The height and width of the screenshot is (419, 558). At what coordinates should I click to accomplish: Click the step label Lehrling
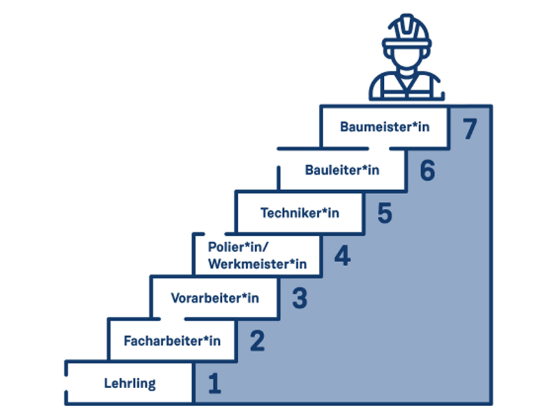(129, 384)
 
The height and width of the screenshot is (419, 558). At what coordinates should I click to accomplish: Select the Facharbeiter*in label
(172, 341)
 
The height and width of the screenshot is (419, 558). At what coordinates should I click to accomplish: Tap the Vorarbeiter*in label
(215, 298)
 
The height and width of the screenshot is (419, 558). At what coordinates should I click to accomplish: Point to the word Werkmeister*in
(257, 263)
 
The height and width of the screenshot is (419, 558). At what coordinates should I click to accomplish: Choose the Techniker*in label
(300, 213)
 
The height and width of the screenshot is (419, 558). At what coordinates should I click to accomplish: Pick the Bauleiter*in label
(342, 170)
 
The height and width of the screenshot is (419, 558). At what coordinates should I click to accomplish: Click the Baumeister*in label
(384, 127)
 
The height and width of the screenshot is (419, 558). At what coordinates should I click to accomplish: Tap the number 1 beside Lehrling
(214, 384)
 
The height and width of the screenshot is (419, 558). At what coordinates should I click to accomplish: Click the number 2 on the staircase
(256, 341)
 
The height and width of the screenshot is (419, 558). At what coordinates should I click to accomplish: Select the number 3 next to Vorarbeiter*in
(300, 298)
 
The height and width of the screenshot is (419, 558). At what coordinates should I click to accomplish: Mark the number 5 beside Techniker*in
(384, 213)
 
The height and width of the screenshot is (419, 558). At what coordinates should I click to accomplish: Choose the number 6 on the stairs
(428, 171)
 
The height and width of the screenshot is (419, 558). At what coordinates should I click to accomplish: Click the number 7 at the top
(470, 128)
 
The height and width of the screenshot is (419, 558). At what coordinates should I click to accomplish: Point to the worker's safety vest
(406, 87)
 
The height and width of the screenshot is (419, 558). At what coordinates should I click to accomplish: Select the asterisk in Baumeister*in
(415, 125)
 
